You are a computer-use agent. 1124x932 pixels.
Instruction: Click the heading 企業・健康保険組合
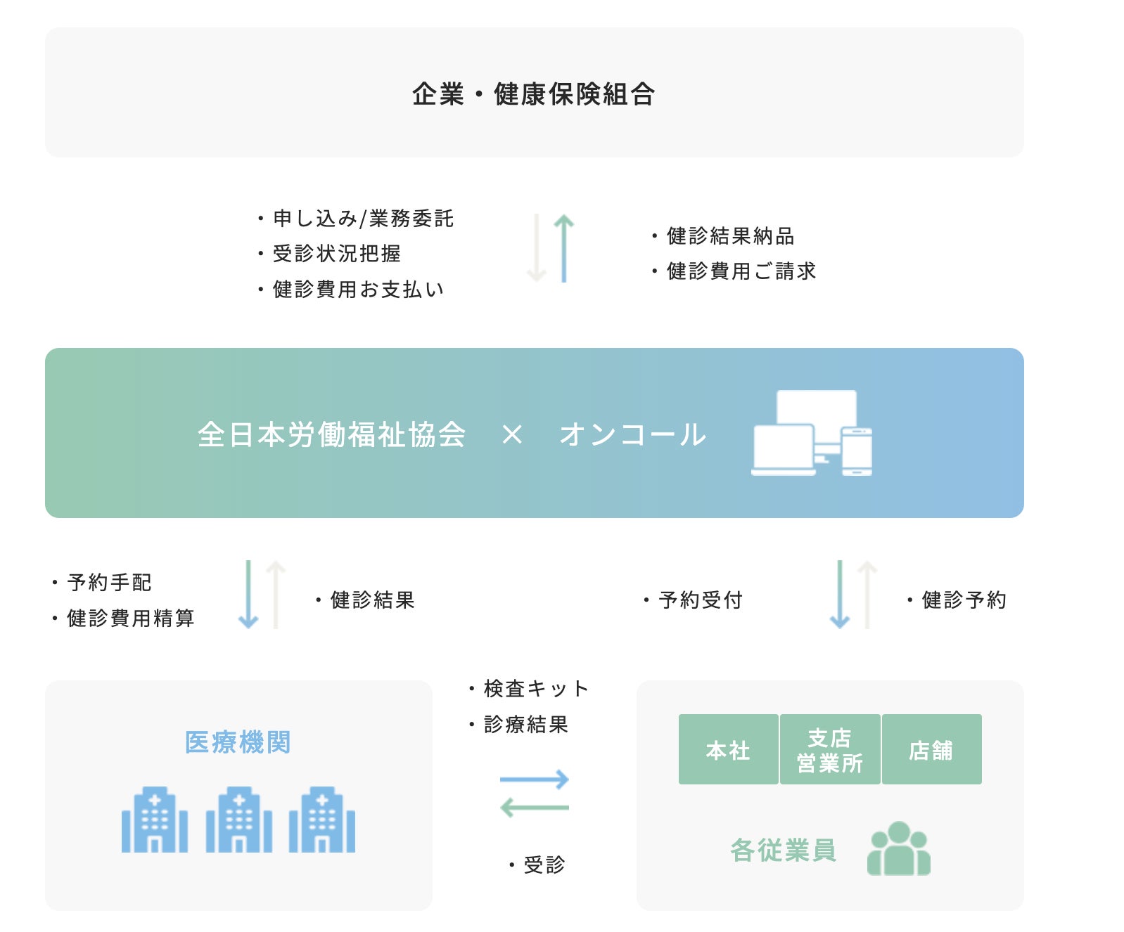tap(533, 93)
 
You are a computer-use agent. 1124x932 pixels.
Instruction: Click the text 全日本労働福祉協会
tap(331, 434)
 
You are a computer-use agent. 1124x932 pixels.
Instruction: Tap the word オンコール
tap(632, 434)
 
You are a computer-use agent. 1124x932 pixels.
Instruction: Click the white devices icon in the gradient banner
tap(812, 433)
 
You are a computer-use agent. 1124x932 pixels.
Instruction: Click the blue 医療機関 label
tap(238, 742)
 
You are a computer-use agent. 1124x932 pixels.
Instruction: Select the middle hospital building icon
tap(238, 820)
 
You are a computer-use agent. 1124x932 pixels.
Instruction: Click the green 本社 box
tap(728, 750)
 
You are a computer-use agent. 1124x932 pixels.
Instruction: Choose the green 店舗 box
tap(931, 750)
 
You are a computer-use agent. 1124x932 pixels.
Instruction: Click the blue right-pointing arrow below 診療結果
tap(534, 779)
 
